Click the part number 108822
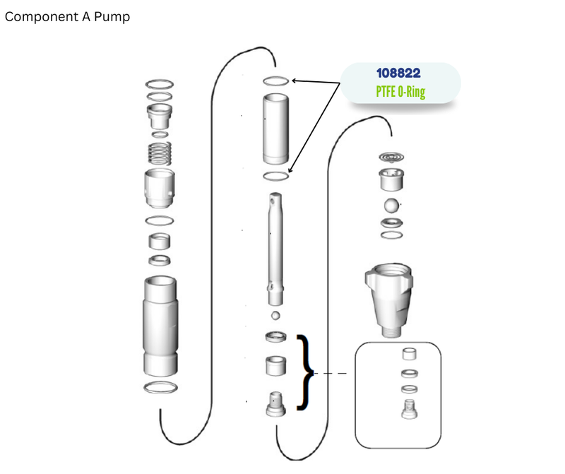(x=398, y=73)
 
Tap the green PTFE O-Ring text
(x=400, y=92)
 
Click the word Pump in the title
(x=112, y=17)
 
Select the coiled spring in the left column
(x=160, y=153)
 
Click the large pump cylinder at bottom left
(x=160, y=326)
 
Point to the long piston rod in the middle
(x=275, y=249)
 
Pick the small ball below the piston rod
(x=275, y=315)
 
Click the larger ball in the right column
(x=391, y=206)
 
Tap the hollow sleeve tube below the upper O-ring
(x=275, y=129)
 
